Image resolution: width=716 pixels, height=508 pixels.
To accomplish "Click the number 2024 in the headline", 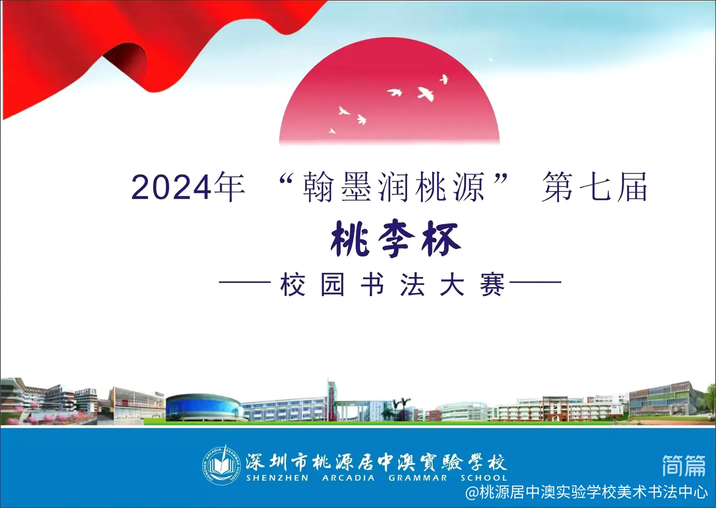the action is click(x=171, y=188).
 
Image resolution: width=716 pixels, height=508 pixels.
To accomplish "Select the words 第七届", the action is click(x=595, y=187).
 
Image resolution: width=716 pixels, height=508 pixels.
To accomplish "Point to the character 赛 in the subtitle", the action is click(x=492, y=285).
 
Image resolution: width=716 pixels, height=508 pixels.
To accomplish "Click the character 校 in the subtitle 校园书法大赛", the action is click(x=293, y=285).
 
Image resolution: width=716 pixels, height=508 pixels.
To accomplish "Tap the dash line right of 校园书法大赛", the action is click(x=536, y=282).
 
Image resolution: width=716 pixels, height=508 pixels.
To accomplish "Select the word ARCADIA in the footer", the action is click(x=348, y=478).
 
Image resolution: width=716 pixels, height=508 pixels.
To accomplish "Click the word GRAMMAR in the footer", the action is click(x=418, y=478).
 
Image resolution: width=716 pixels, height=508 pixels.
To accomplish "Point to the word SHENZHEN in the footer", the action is click(x=277, y=478).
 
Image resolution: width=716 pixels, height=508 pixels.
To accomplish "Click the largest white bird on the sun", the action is click(x=426, y=94).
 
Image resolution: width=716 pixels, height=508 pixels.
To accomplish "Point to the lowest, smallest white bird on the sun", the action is click(x=332, y=131).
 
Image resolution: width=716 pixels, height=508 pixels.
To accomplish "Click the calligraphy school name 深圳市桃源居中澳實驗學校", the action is click(x=376, y=462).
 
